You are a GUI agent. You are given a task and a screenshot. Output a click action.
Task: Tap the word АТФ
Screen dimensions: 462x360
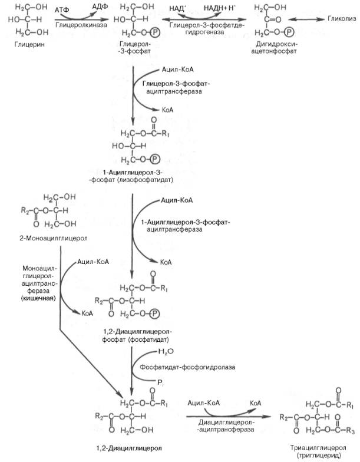61,11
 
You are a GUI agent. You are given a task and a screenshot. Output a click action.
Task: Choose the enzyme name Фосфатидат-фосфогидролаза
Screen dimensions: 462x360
187,367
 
